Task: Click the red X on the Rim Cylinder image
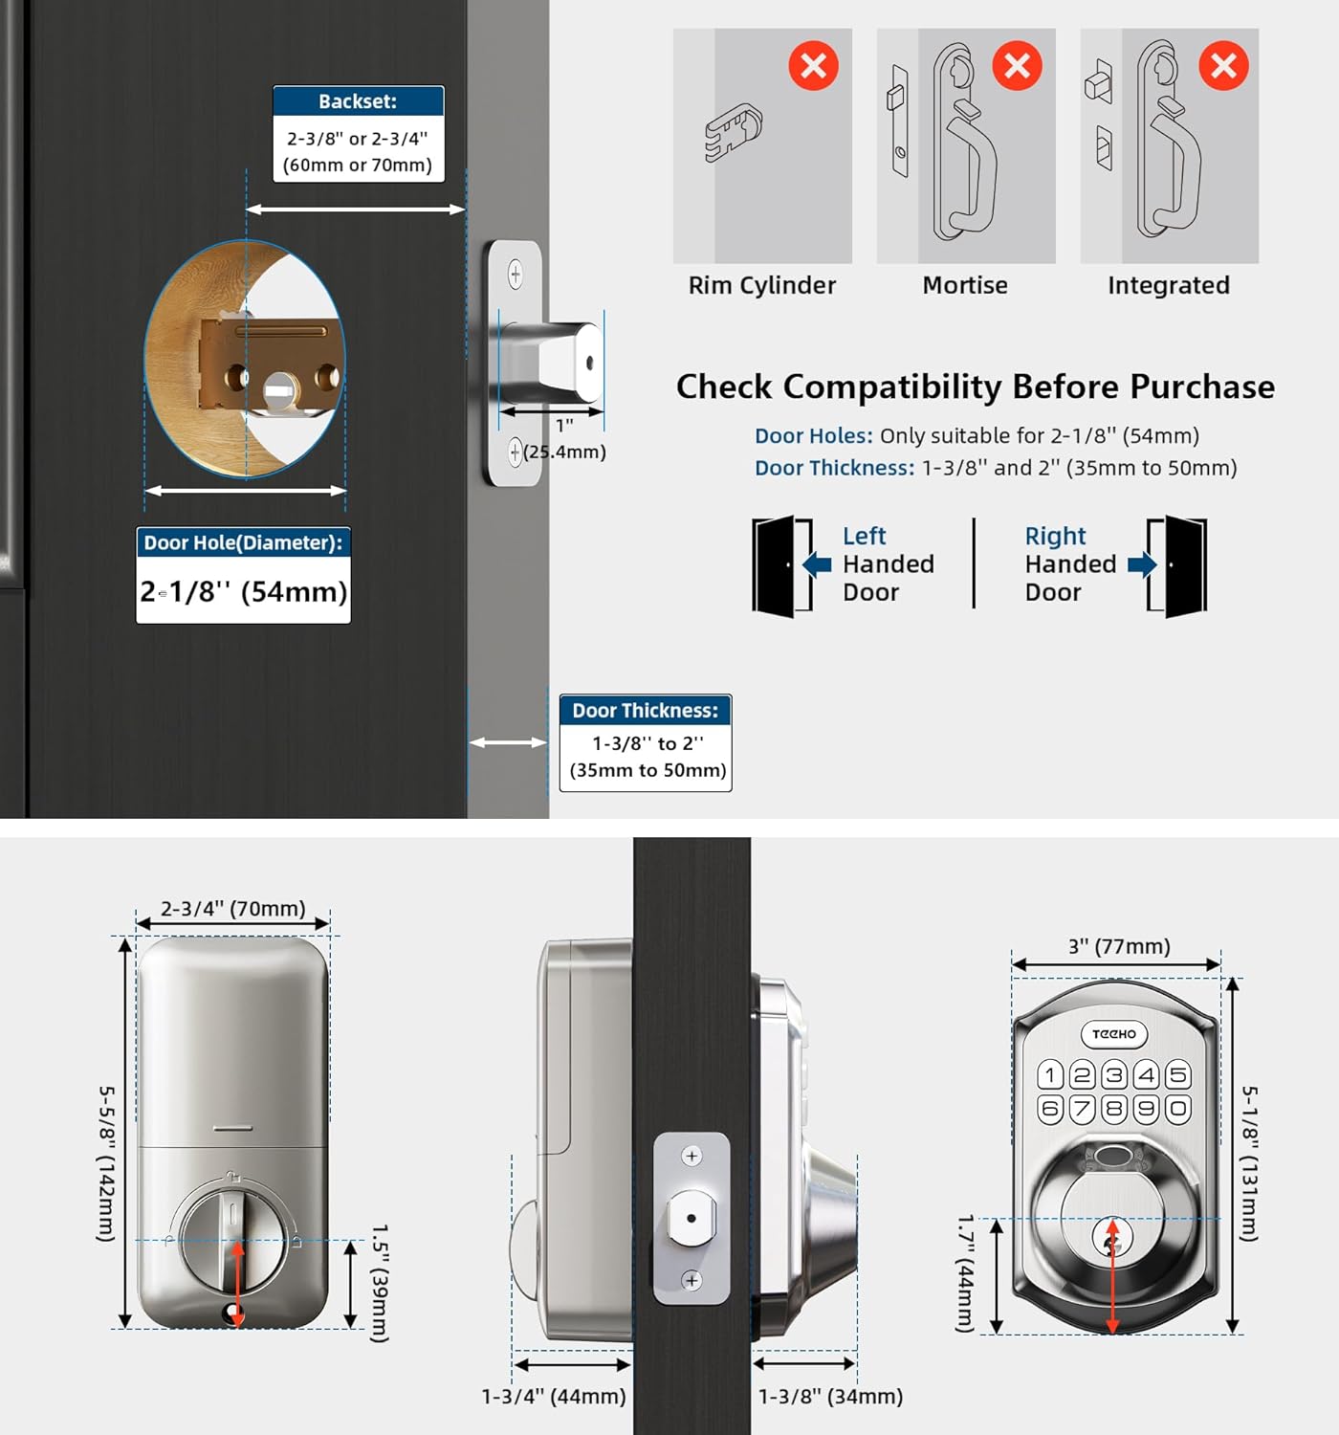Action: pos(813,66)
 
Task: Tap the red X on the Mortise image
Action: pos(1017,66)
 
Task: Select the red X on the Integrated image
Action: pos(1223,66)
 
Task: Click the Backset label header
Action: pos(358,101)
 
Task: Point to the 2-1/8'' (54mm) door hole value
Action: pos(244,592)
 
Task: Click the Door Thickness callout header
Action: pos(646,711)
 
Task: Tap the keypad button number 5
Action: pos(1178,1075)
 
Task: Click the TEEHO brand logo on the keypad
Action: pos(1114,1034)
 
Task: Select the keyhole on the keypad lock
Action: pos(1110,1242)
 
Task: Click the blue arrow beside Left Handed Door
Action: pos(817,564)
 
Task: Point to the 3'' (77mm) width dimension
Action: pos(1119,946)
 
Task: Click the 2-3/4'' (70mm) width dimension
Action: pos(232,908)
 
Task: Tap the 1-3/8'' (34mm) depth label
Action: pos(830,1397)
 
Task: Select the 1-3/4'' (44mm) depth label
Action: pos(554,1397)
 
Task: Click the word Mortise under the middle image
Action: pos(965,285)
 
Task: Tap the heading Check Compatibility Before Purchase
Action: pos(975,386)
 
